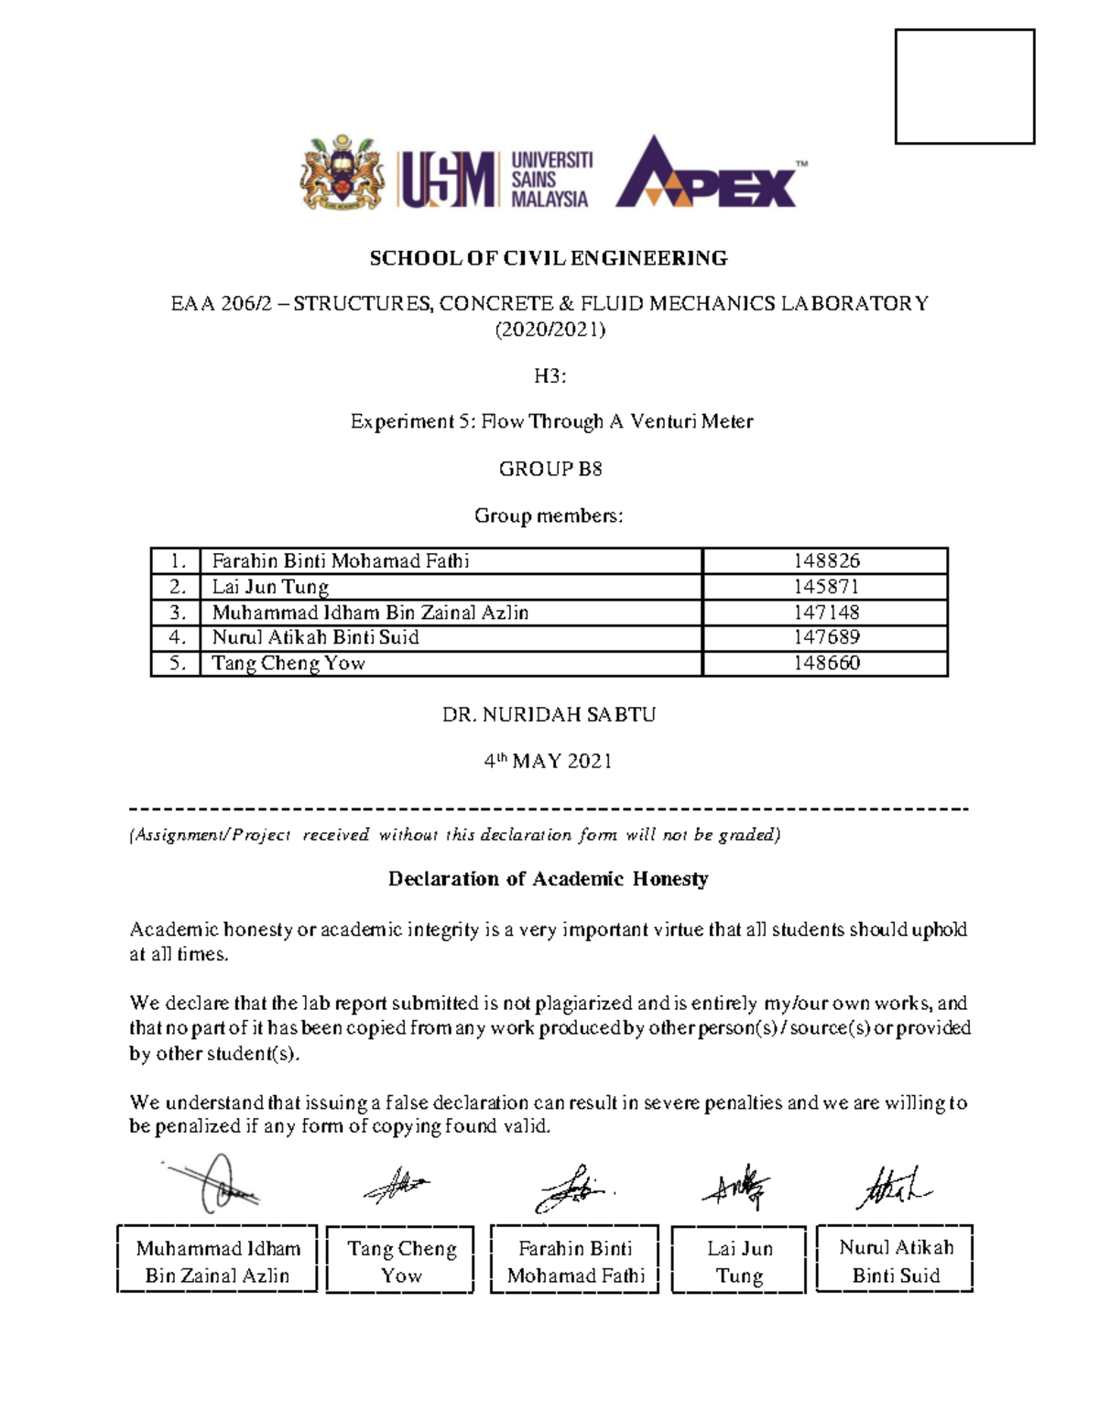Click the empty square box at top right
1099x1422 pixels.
964,86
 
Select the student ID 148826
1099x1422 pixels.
826,560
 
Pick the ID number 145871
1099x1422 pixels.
826,586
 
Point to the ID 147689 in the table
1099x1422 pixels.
826,637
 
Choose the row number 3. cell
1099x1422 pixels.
176,612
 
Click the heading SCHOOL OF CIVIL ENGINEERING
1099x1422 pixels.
549,258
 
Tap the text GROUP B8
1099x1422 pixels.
549,469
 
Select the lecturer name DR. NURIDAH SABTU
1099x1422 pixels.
549,714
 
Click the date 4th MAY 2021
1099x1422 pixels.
549,761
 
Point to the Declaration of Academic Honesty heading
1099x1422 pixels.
548,879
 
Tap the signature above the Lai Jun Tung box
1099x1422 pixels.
738,1189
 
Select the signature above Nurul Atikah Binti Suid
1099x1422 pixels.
892,1188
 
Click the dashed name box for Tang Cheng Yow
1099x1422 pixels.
401,1261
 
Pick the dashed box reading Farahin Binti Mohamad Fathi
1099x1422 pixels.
575,1261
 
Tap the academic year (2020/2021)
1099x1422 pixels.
549,330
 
